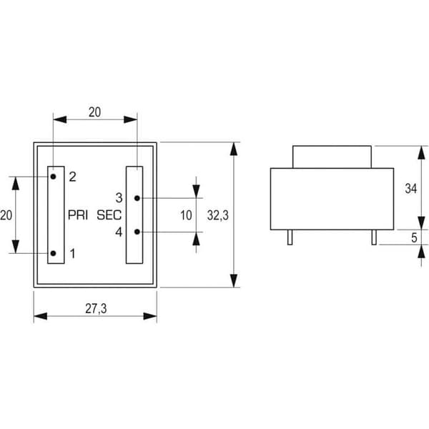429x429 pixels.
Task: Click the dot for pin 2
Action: point(53,177)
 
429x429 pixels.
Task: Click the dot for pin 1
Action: point(54,253)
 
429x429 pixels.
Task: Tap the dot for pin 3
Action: point(137,198)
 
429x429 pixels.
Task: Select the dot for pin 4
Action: point(137,232)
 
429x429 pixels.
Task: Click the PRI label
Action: point(78,215)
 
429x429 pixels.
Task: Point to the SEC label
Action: point(109,215)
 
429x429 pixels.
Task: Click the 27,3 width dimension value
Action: point(96,309)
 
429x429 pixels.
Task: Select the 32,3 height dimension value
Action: point(218,215)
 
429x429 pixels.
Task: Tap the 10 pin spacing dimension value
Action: point(186,215)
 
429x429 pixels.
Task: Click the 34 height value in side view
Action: point(411,189)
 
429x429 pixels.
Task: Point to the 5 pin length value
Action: point(414,238)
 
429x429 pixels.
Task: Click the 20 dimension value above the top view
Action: point(94,112)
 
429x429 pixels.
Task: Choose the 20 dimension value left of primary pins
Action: point(6,215)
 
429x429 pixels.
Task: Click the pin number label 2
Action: point(72,177)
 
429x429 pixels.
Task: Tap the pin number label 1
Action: point(72,254)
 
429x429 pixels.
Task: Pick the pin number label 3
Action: point(119,198)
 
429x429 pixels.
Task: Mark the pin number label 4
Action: point(119,232)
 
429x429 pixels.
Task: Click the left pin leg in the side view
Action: point(290,237)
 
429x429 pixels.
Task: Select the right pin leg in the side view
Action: point(374,237)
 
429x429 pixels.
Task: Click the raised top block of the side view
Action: point(332,157)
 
